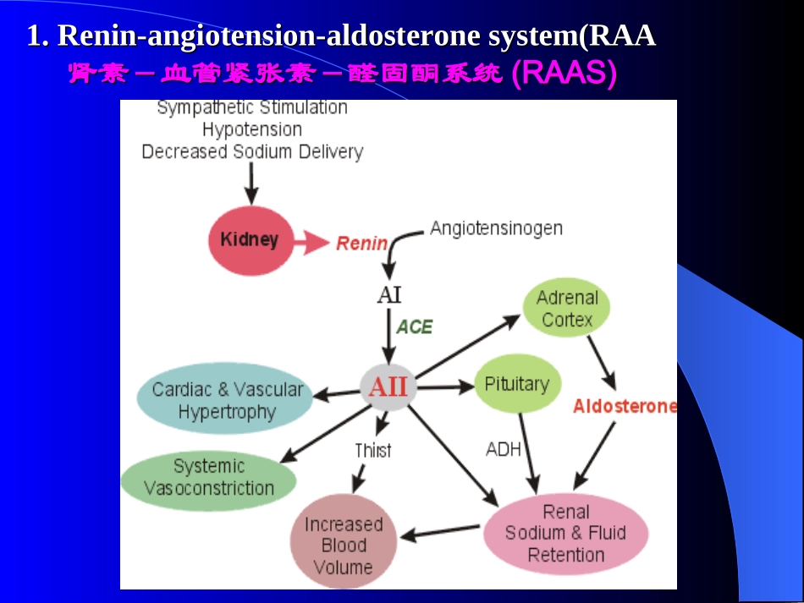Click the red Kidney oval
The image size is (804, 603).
click(249, 240)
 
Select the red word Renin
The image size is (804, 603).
click(361, 244)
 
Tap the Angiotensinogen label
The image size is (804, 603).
click(496, 228)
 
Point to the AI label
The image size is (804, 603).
click(389, 295)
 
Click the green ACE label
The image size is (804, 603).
click(415, 326)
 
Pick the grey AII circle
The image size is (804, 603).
click(388, 387)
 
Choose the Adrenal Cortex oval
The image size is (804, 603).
click(567, 309)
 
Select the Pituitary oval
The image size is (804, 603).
click(516, 384)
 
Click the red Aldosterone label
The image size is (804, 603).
click(625, 406)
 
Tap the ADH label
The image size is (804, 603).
click(504, 449)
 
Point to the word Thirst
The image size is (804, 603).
click(372, 450)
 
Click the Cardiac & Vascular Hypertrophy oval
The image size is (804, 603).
click(227, 400)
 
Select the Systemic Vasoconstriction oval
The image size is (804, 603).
click(209, 477)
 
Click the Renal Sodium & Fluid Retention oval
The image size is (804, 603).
click(566, 534)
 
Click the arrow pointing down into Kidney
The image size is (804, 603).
click(251, 183)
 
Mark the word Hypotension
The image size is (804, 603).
click(252, 129)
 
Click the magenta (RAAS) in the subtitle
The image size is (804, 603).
click(564, 74)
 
